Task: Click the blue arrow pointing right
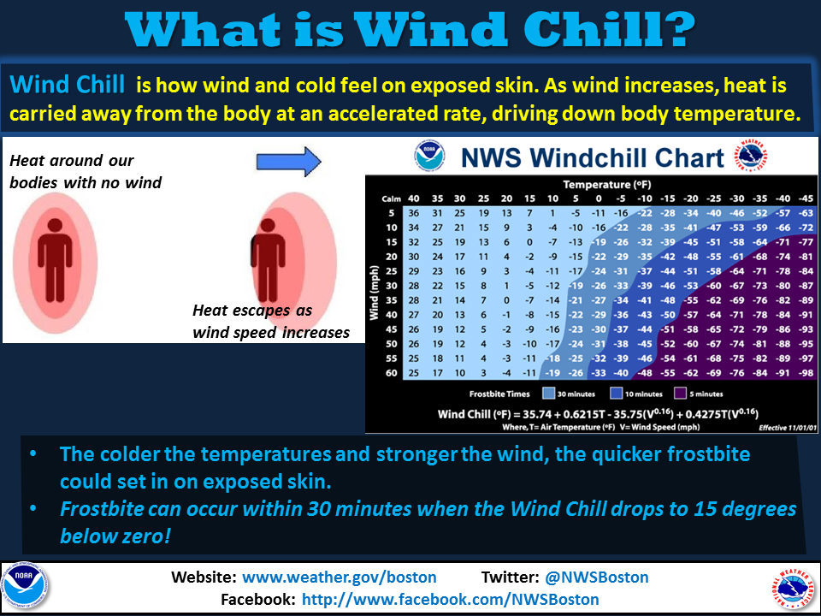(288, 162)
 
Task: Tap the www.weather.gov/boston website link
(340, 577)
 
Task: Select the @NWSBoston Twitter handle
(596, 577)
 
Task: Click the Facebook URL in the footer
(451, 599)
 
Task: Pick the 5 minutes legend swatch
(680, 394)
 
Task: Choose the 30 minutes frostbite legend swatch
(549, 394)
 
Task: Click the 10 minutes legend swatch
(617, 394)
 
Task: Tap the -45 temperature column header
(806, 198)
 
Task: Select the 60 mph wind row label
(392, 373)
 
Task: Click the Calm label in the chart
(391, 199)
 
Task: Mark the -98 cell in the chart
(806, 373)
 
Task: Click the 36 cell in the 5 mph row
(414, 213)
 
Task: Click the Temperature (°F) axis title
(607, 185)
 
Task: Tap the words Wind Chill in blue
(68, 85)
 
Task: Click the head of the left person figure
(55, 226)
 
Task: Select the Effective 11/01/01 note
(788, 428)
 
